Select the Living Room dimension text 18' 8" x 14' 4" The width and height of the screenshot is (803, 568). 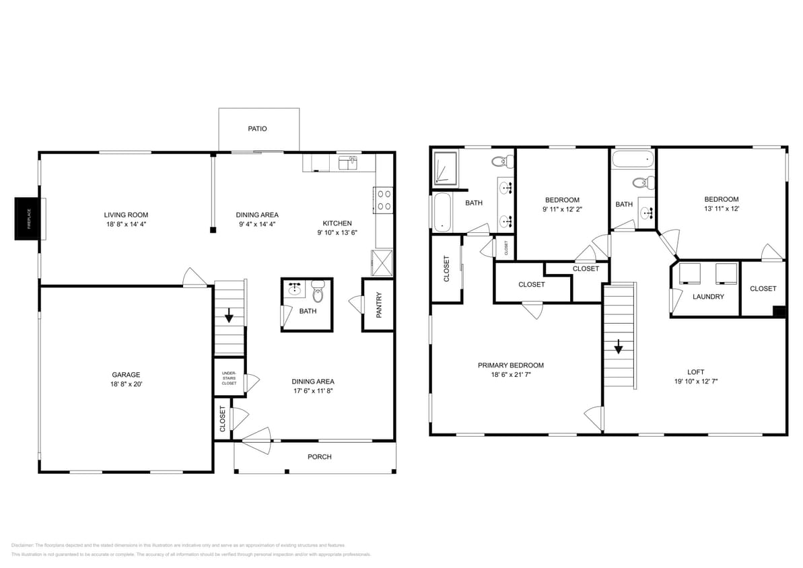coord(125,224)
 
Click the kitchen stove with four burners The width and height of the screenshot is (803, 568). coord(384,200)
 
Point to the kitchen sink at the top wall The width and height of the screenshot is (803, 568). coord(347,162)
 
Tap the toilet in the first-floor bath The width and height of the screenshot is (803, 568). coord(318,292)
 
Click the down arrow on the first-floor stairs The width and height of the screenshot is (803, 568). coord(230,315)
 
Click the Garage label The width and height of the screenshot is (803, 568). coord(126,375)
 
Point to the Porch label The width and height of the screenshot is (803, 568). coord(320,457)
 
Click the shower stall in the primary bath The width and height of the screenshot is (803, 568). coord(444,168)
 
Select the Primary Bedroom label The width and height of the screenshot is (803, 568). coord(511,365)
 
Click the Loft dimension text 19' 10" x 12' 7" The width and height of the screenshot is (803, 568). coord(695,380)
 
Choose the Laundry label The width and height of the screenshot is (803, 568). coord(708,297)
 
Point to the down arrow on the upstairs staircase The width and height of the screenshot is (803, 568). coord(618,347)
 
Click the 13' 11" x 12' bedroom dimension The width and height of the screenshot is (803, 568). coord(722,209)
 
